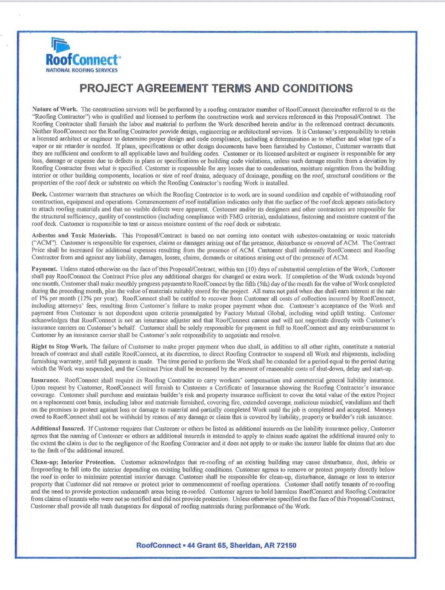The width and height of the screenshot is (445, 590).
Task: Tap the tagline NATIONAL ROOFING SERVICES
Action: click(x=81, y=71)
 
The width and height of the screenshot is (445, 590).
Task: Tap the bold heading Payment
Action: click(x=44, y=269)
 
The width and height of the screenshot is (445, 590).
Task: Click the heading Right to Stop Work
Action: click(x=59, y=347)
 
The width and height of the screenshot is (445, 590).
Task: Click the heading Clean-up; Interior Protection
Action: click(x=73, y=462)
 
